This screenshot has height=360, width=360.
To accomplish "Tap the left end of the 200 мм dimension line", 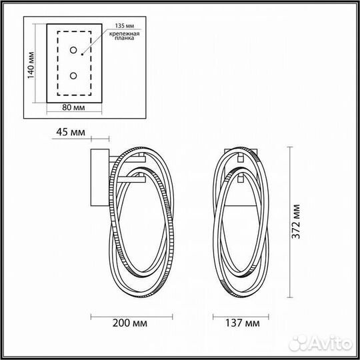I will point(91,315).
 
